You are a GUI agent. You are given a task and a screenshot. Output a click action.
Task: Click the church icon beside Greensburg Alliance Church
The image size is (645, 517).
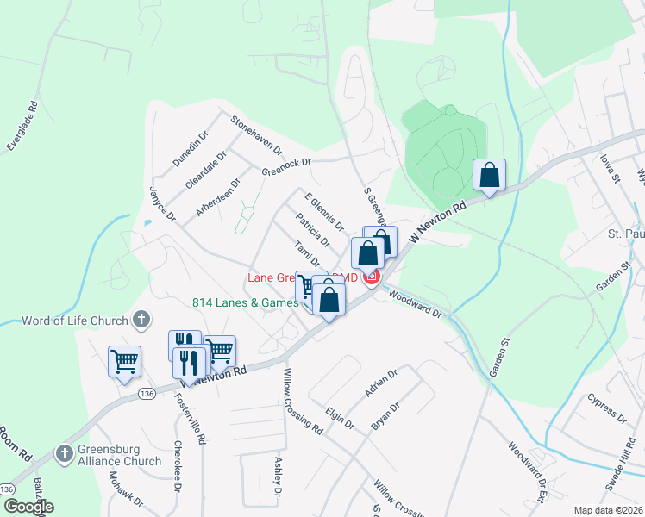64,453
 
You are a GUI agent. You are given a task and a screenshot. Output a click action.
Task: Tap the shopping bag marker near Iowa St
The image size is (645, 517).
489,176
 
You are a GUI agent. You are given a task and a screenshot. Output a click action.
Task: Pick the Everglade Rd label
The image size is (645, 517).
23,127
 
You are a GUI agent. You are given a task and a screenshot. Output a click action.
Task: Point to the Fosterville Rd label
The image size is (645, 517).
191,419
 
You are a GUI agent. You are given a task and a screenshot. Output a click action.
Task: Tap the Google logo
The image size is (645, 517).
28,506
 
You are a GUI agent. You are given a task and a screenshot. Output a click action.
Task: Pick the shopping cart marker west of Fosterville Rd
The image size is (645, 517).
124,362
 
